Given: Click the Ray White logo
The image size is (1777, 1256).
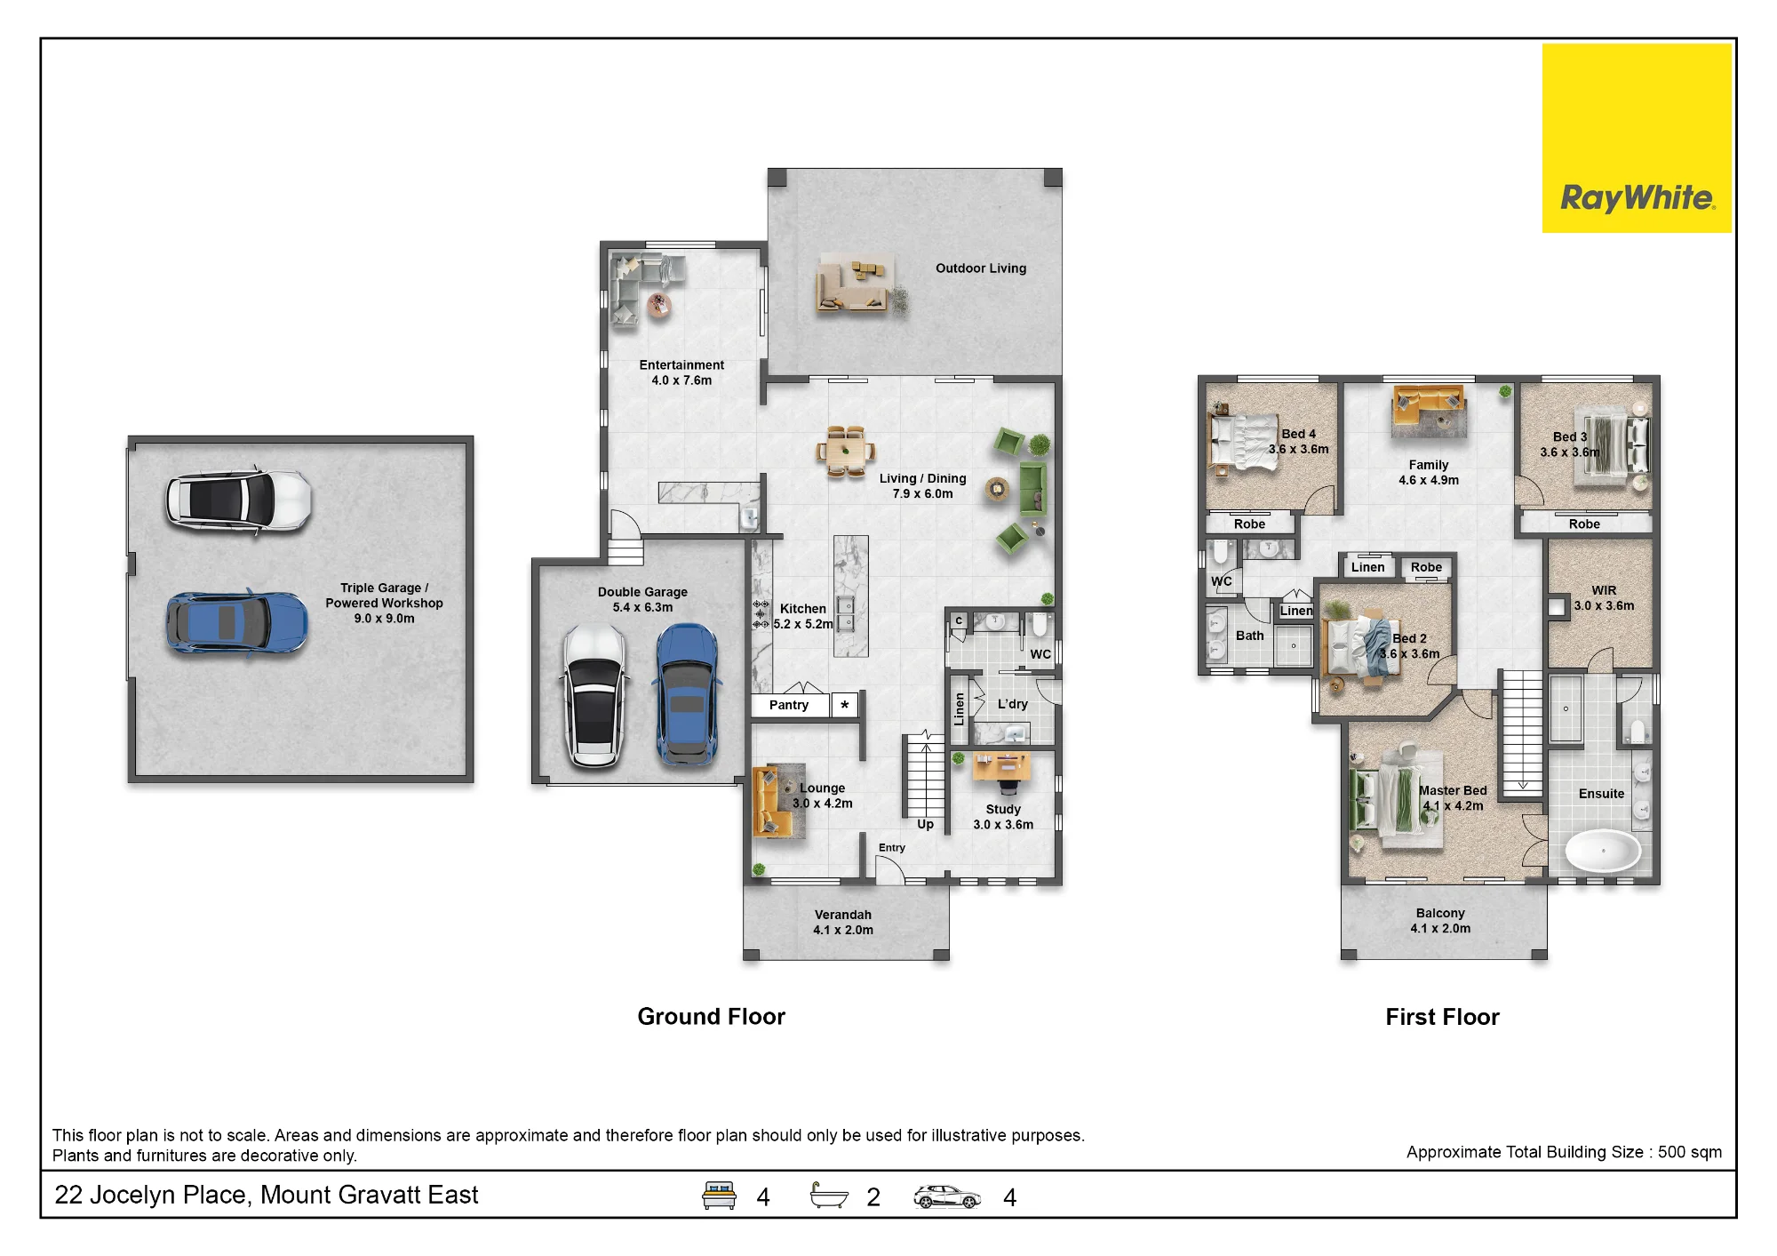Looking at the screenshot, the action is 1637,139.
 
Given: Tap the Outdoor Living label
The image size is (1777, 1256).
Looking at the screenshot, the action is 981,268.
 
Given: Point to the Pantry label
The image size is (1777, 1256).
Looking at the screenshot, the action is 789,705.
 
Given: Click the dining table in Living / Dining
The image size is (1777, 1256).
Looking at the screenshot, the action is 845,452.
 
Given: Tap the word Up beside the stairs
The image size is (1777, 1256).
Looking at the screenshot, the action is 925,825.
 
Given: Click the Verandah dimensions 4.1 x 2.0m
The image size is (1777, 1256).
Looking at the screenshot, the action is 843,930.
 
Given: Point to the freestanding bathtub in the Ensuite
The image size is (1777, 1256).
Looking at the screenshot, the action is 1602,851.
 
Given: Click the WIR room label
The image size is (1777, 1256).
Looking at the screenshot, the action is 1604,590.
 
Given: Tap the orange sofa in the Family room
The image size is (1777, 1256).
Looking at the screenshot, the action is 1427,404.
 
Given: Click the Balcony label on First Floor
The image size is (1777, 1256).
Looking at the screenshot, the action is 1440,913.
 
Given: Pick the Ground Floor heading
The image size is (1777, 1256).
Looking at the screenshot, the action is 711,1017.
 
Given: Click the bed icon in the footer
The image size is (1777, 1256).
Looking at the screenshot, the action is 719,1196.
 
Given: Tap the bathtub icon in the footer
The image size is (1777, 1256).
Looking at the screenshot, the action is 829,1196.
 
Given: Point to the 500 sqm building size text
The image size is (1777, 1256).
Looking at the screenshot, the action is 1689,1152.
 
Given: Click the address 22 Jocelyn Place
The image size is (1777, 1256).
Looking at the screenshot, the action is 150,1196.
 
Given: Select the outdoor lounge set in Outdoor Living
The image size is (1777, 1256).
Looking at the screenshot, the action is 853,283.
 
